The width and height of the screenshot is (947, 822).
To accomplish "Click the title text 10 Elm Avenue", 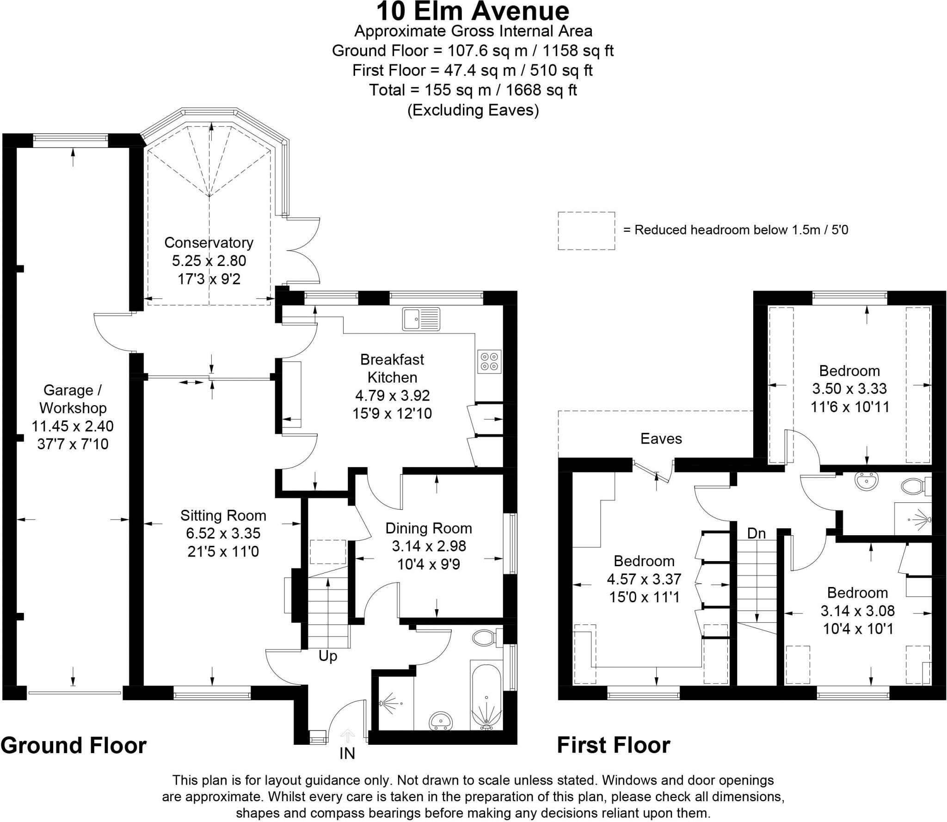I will click(x=473, y=12).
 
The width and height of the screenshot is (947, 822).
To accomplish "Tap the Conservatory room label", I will click(x=209, y=242).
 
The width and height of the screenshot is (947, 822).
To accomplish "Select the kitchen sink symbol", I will click(x=421, y=319).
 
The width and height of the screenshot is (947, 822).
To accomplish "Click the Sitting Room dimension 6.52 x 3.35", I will click(x=223, y=533).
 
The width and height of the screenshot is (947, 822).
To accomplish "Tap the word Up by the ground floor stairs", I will click(x=328, y=656).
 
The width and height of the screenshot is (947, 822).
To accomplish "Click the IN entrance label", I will click(x=347, y=754).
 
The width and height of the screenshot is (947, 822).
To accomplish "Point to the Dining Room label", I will click(x=429, y=528).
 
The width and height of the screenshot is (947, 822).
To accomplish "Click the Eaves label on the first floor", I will click(x=661, y=439).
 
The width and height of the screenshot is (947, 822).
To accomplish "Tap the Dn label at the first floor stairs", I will click(x=756, y=533).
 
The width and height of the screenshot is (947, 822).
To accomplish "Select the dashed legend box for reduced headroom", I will click(x=586, y=231).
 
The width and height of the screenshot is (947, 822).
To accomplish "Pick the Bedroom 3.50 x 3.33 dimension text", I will click(x=849, y=389).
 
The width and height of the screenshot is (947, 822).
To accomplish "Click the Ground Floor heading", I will click(x=74, y=746).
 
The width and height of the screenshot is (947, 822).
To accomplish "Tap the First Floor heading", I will click(x=613, y=745).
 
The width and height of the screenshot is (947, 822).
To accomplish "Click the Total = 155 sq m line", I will click(x=473, y=90).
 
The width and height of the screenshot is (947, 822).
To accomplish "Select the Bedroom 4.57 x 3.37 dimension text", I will click(x=644, y=579).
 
